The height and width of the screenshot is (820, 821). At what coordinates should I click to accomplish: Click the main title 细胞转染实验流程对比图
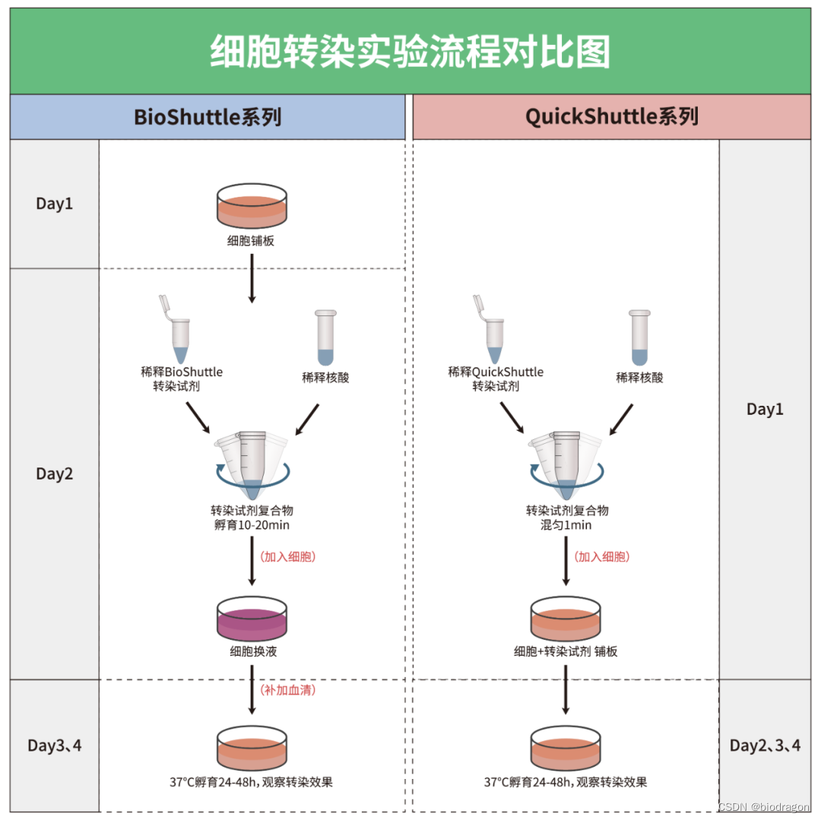click(x=410, y=52)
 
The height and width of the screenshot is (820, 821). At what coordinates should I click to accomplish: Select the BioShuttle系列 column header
click(x=208, y=117)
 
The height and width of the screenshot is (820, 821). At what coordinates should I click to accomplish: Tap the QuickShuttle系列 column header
click(x=611, y=117)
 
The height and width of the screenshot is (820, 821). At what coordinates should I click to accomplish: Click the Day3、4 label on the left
click(x=55, y=746)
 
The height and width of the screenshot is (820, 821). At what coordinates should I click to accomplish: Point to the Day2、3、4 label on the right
click(x=765, y=746)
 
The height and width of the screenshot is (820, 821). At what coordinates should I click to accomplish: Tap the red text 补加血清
click(x=288, y=690)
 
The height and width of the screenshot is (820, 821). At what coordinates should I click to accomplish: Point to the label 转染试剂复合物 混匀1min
click(x=566, y=517)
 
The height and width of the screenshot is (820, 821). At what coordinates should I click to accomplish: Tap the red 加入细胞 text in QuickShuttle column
click(x=603, y=556)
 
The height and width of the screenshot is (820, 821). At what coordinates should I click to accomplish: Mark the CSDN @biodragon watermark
click(x=763, y=806)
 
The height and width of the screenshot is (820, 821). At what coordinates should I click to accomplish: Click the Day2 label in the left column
click(x=55, y=473)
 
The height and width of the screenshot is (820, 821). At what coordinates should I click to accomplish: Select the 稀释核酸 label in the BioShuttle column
click(x=325, y=377)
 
